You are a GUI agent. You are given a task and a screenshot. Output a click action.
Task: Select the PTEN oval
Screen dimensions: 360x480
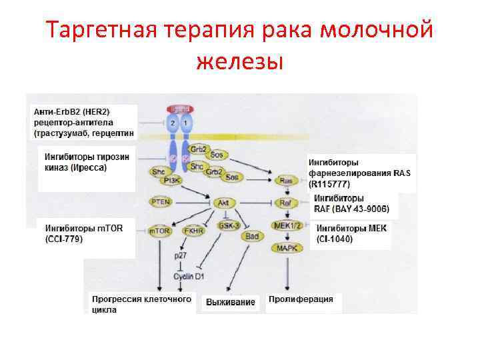coord(160,201)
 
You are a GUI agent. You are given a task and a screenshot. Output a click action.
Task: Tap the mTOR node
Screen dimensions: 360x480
coord(160,230)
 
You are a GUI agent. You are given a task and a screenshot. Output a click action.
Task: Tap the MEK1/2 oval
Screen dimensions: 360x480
coord(288,225)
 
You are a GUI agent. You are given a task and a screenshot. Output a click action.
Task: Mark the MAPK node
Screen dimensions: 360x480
coord(287,248)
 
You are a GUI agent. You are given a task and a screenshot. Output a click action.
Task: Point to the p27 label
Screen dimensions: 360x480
coord(180,255)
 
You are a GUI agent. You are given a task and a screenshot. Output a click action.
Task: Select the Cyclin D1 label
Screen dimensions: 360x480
coord(188,276)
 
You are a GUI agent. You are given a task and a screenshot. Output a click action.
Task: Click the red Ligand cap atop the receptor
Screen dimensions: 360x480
coord(180,108)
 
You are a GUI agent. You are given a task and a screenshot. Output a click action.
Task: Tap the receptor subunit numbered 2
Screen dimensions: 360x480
coord(173,123)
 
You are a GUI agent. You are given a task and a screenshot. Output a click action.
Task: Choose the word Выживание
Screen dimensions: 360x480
coord(230,302)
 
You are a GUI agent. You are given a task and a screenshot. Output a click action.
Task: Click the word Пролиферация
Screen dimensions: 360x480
coord(301,299)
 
